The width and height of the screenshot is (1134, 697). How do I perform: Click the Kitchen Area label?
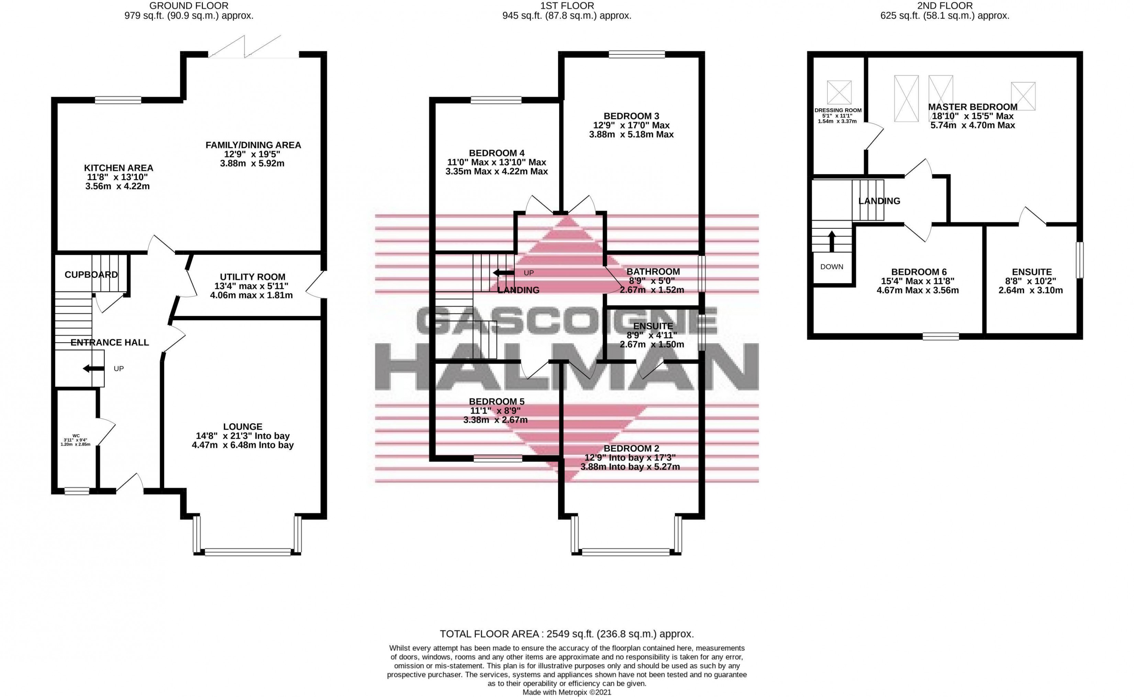coord(118,168)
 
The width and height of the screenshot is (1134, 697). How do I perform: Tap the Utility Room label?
coord(252,277)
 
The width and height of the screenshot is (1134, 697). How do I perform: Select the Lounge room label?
coord(243,427)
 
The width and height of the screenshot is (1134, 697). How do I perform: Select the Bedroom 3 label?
coord(631,116)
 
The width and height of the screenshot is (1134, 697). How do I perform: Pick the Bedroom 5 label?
coord(497,401)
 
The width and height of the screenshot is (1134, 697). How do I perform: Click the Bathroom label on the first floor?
coord(653,272)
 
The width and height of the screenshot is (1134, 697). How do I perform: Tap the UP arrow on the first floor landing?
coord(503,273)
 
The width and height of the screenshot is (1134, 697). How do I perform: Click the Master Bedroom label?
coord(972,107)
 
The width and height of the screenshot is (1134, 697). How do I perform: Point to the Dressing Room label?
coord(838,110)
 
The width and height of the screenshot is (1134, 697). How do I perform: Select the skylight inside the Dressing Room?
coord(839,92)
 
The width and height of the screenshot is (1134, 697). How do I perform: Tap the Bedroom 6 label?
coord(919,272)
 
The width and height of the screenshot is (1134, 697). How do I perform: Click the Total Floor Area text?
coord(567,634)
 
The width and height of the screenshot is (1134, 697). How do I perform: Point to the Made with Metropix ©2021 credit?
coord(567,692)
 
